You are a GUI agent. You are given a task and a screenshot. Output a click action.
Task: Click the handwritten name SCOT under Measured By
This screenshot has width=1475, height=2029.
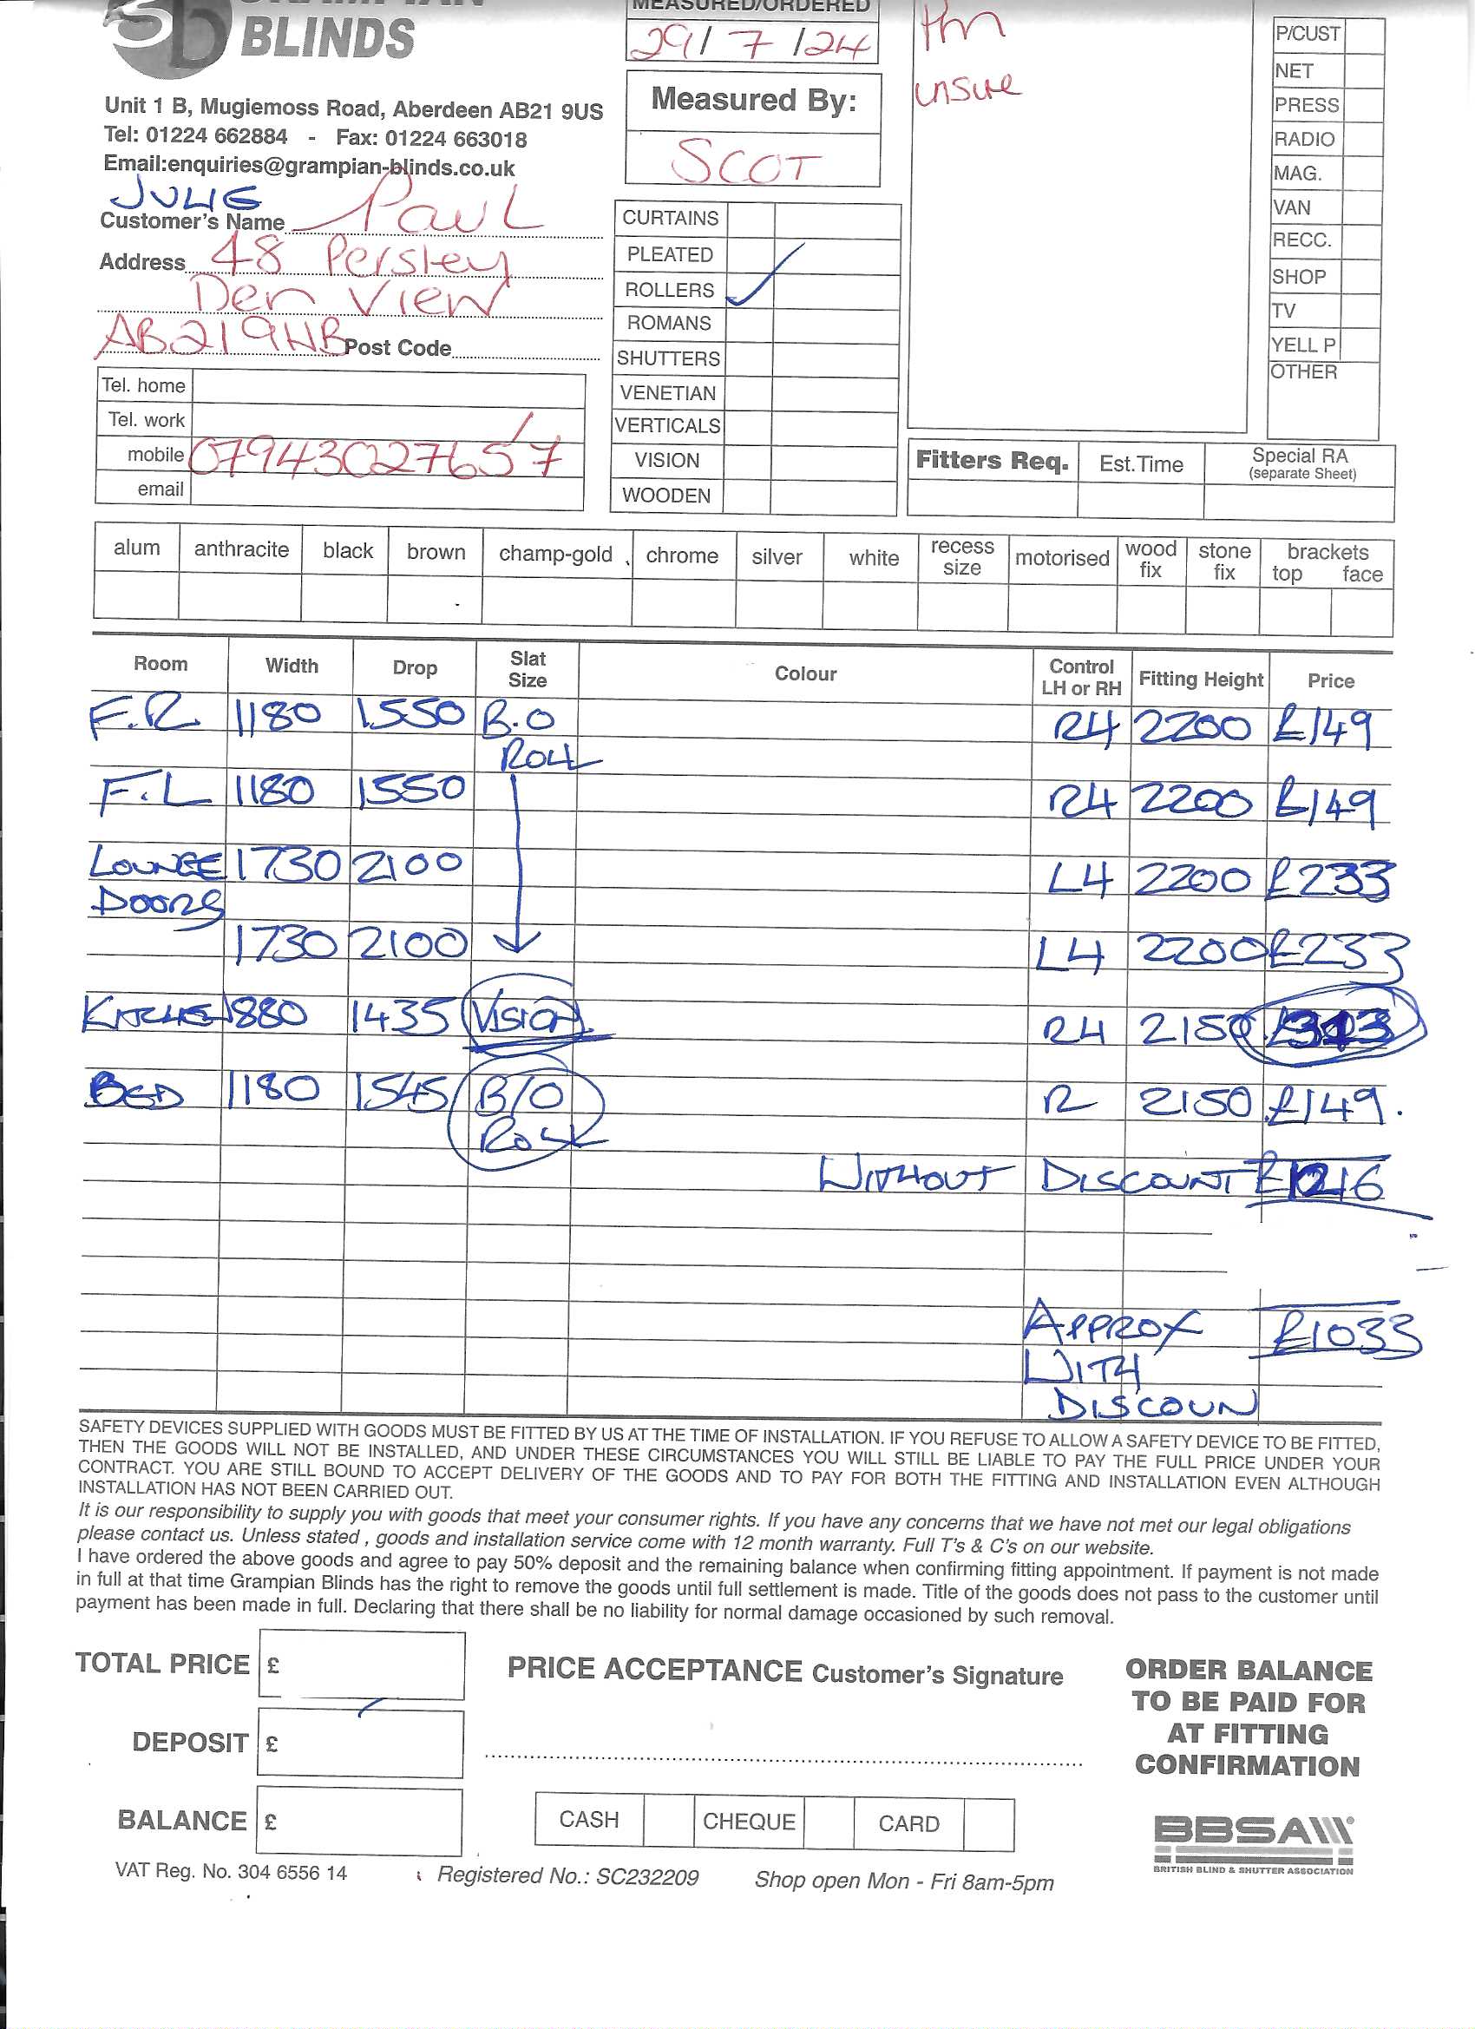click(x=746, y=161)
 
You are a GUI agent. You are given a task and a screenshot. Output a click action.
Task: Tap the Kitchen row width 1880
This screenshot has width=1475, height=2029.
click(x=266, y=1014)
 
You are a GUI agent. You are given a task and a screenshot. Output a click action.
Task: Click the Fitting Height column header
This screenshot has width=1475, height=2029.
click(x=1199, y=679)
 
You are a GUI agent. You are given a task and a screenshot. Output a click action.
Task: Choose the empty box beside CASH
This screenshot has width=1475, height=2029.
click(x=668, y=1821)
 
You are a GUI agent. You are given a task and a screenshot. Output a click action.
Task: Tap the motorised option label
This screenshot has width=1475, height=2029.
click(x=1061, y=558)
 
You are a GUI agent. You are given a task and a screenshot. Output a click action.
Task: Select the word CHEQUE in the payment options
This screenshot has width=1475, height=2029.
click(x=749, y=1822)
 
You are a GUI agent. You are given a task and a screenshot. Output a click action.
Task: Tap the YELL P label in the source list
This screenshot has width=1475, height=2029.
click(x=1303, y=345)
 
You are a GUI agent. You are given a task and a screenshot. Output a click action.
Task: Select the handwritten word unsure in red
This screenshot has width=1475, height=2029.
click(x=966, y=88)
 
